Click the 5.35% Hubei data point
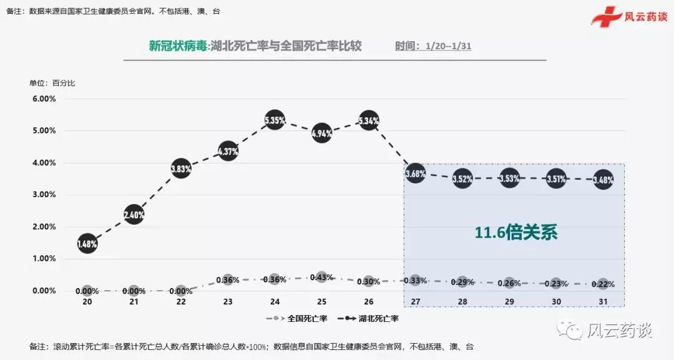(275, 120)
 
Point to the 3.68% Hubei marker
(416, 173)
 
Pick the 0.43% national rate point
(321, 277)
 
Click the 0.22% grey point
(603, 284)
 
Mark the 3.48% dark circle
(603, 180)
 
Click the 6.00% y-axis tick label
(44, 99)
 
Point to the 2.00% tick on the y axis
(44, 226)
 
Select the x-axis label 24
(275, 302)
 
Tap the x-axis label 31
(603, 302)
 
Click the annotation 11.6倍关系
(515, 233)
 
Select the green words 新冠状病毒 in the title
(177, 46)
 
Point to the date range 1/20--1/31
(447, 47)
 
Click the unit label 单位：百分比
(52, 83)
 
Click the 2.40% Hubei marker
(134, 215)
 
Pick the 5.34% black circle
(369, 121)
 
